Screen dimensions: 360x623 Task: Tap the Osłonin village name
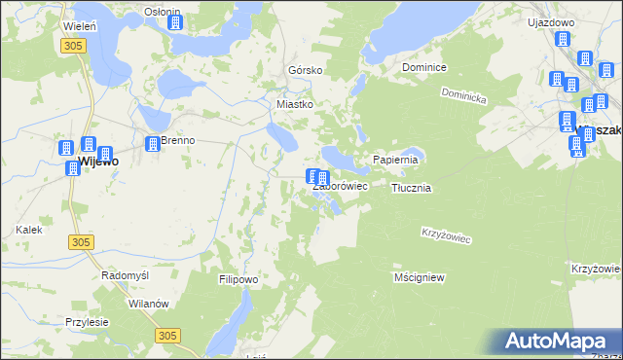point(162,11)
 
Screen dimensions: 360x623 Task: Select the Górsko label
point(305,71)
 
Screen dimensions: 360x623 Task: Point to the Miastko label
point(294,104)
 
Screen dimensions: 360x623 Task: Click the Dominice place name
point(424,68)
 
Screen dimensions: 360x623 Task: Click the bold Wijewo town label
point(97,162)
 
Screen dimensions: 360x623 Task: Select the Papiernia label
point(395,160)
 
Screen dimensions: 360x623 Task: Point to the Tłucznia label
point(411,188)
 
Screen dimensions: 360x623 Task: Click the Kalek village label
point(28,230)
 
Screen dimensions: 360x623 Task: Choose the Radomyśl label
point(125,275)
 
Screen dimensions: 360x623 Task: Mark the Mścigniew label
point(420,277)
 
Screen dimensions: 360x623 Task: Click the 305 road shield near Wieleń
point(70,46)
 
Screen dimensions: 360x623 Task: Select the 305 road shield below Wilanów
point(167,335)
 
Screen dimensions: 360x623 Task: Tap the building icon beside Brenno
point(152,144)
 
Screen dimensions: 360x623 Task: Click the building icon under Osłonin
point(174,21)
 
